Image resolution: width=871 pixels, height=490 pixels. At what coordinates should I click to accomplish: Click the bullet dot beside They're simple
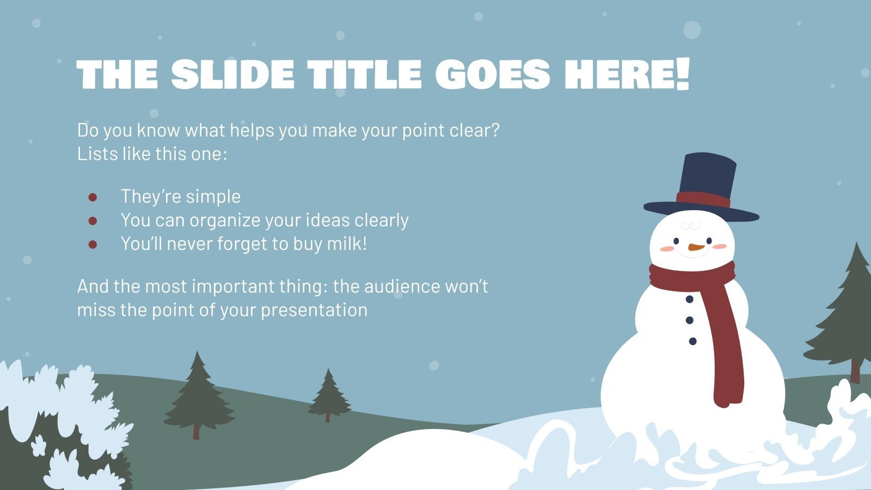[x=93, y=197]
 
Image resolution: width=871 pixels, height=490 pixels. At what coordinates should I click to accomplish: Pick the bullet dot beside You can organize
[x=93, y=220]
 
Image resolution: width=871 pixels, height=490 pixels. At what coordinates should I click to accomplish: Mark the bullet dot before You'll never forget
[x=93, y=244]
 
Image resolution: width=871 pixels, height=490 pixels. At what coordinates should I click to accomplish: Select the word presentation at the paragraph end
[x=314, y=310]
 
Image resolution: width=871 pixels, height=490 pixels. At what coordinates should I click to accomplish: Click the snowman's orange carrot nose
[x=695, y=247]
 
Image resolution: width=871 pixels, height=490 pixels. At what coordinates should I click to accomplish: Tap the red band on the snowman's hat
[x=703, y=199]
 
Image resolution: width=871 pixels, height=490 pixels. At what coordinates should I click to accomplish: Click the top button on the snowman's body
[x=690, y=299]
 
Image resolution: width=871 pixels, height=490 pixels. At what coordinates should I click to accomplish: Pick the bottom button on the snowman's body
[x=692, y=341]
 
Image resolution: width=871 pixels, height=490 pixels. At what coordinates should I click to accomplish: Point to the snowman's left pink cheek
[x=667, y=249]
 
